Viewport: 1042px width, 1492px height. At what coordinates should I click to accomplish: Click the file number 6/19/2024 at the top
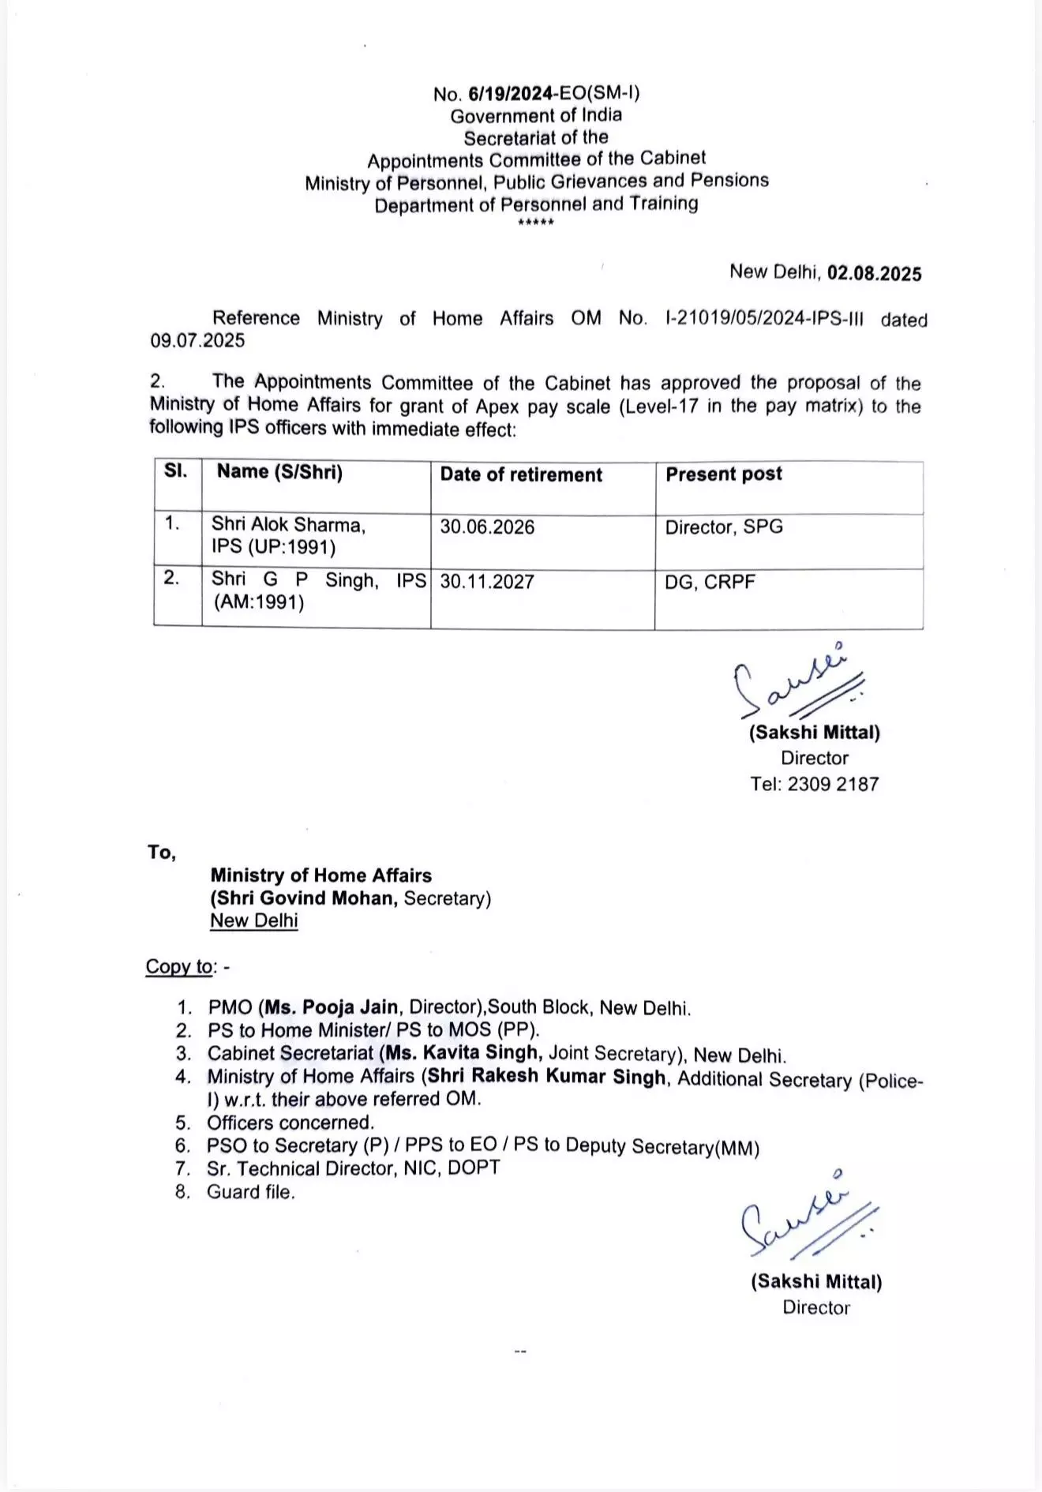tap(510, 94)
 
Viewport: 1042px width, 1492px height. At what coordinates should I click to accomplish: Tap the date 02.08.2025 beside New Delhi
tap(874, 273)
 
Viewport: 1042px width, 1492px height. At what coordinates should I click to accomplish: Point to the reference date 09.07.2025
tap(197, 341)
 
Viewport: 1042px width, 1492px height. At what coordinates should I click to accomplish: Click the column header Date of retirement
tap(521, 474)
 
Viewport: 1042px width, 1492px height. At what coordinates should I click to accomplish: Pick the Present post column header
tap(724, 474)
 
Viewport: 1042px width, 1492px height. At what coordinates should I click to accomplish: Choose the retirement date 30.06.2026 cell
tap(487, 527)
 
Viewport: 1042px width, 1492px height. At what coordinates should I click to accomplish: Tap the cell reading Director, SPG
tap(724, 527)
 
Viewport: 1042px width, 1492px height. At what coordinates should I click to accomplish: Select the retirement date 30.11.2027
tap(487, 582)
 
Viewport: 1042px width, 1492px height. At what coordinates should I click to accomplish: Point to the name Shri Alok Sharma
tap(288, 525)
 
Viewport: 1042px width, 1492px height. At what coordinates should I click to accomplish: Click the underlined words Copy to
tap(180, 967)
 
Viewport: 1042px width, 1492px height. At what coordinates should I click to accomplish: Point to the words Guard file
tap(251, 1192)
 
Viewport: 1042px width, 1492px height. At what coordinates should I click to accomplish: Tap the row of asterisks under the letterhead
tap(536, 223)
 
